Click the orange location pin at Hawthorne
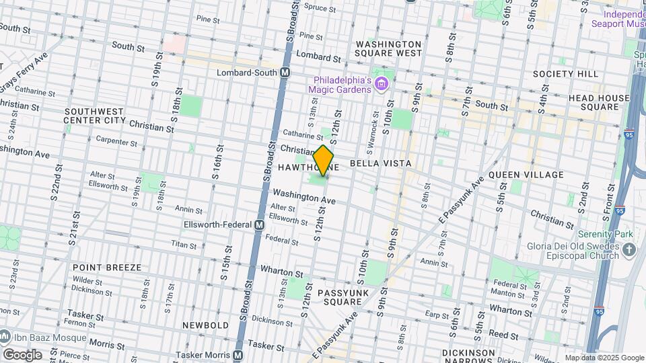click(324, 160)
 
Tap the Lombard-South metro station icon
click(285, 72)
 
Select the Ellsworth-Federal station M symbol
click(259, 225)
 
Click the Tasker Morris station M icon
click(238, 355)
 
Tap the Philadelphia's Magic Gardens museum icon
click(382, 83)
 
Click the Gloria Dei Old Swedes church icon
click(629, 251)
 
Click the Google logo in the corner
click(22, 354)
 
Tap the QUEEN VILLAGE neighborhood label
click(526, 175)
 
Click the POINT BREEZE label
click(107, 268)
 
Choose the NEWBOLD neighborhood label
click(205, 325)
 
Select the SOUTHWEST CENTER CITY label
click(94, 116)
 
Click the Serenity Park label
click(604, 235)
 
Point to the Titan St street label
click(183, 245)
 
